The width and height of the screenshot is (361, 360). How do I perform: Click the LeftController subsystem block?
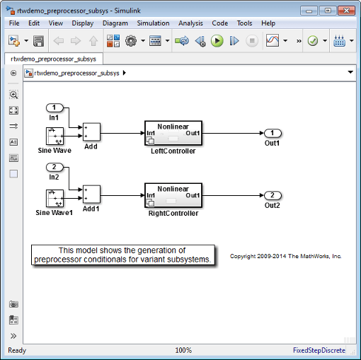point(173,133)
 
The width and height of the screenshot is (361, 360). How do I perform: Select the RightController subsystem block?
point(173,195)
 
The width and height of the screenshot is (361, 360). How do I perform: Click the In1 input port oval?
point(55,108)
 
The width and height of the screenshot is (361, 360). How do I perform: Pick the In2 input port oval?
point(55,167)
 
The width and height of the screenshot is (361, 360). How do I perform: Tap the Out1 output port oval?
point(273,133)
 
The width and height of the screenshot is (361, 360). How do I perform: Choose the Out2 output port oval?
point(273,195)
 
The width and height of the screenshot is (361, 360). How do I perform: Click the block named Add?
point(91,132)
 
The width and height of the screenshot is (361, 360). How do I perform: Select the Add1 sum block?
point(91,194)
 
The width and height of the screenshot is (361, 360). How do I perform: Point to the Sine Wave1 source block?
point(55,199)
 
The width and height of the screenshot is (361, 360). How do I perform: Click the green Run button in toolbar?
point(217,41)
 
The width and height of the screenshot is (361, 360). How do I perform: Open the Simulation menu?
point(153,23)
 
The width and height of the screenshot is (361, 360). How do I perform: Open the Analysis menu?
point(190,23)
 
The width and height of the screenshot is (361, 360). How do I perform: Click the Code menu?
point(220,23)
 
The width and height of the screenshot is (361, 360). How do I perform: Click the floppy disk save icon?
point(38,41)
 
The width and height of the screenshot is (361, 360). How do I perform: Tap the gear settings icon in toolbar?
point(131,41)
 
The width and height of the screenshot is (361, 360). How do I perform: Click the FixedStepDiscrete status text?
point(319,350)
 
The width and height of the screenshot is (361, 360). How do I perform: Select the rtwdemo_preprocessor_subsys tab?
point(54,59)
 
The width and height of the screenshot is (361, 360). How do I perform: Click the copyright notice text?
point(286,256)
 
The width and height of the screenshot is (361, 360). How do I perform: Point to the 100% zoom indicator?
point(183,350)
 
